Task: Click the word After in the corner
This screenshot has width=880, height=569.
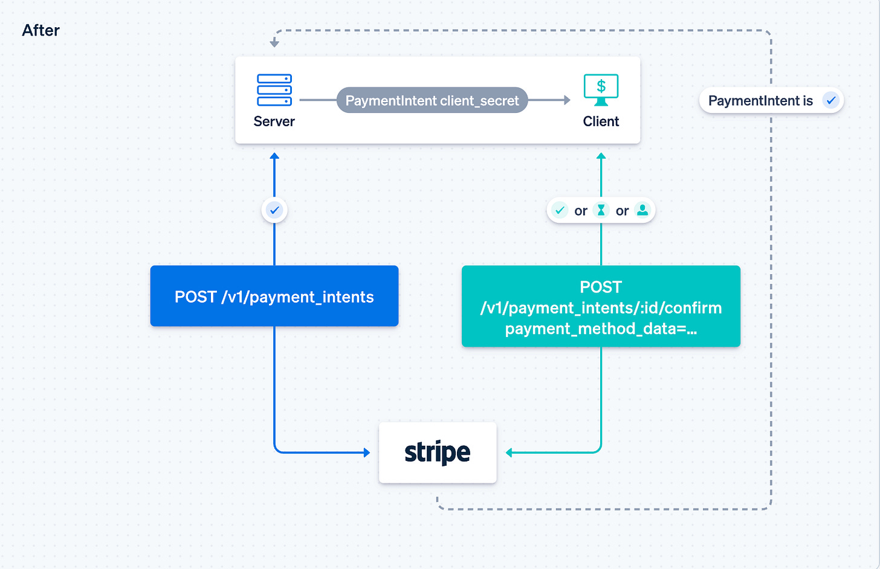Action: (40, 30)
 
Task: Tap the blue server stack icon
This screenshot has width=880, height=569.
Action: (274, 90)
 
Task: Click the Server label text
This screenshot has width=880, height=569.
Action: (274, 121)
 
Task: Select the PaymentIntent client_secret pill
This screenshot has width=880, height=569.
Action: (432, 100)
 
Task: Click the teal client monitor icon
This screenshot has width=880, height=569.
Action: (601, 89)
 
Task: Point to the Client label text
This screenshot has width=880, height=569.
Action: (601, 121)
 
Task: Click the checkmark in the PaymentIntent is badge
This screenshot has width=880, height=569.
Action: (831, 100)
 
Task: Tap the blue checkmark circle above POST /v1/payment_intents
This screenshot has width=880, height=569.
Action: (274, 210)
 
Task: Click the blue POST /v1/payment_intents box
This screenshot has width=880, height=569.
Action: (274, 296)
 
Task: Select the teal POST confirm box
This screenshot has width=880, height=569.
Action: (601, 307)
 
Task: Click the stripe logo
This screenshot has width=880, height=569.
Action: (438, 452)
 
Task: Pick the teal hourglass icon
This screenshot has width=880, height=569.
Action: (601, 210)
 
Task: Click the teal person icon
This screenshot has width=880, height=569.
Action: (642, 210)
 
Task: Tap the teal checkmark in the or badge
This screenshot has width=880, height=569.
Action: (560, 210)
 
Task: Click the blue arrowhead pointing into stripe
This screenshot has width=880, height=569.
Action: (366, 452)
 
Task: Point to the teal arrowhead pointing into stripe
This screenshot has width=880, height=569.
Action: (510, 452)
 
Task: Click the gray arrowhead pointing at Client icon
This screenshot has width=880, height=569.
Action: (567, 100)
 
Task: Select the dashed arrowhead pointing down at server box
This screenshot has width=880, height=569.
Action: (274, 43)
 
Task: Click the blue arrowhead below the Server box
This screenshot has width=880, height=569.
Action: (274, 156)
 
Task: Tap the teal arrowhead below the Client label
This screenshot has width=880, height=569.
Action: (601, 156)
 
